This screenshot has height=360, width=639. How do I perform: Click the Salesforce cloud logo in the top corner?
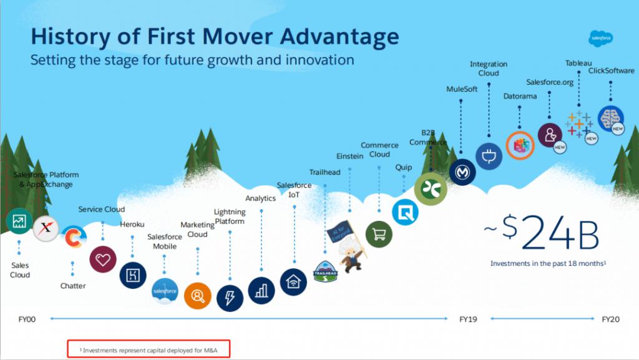point(601,38)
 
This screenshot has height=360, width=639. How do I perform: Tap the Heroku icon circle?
point(133,275)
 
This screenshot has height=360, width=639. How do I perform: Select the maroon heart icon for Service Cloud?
point(103,260)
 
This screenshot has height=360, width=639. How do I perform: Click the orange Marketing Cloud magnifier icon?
point(198,296)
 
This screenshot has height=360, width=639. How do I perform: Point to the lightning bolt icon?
point(230,298)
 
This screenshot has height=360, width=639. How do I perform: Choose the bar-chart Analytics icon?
point(261,290)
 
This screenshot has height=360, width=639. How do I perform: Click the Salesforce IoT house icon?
point(293,282)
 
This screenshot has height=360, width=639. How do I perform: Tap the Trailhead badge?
point(325,271)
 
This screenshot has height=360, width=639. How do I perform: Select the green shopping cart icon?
point(379,235)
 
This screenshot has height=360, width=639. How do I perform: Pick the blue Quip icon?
point(405,212)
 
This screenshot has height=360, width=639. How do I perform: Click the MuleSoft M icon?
point(462,172)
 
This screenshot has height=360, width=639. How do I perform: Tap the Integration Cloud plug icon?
point(489,156)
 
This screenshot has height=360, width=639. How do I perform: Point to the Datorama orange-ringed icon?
point(520,145)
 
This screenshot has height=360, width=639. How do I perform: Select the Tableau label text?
point(578,63)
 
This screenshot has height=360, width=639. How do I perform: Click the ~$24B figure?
point(542,233)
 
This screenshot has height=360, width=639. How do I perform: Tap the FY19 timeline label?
point(468,319)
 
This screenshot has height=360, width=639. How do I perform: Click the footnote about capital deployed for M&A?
point(149,350)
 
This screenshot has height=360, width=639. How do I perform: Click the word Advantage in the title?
point(339,37)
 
